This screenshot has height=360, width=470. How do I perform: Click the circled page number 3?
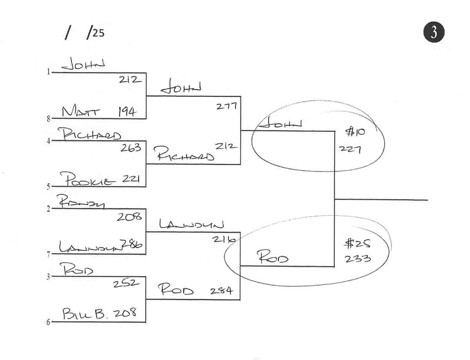click(x=434, y=32)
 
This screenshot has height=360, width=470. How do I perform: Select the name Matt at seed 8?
click(x=81, y=112)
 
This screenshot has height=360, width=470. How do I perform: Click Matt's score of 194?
click(x=127, y=112)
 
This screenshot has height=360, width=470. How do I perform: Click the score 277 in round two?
click(x=226, y=105)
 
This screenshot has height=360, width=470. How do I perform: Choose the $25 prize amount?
click(x=357, y=244)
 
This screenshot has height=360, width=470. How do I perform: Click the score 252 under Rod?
click(x=126, y=284)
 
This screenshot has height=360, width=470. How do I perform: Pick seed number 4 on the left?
click(x=48, y=141)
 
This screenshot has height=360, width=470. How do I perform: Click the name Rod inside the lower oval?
click(x=272, y=258)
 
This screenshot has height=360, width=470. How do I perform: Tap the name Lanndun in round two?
click(x=191, y=225)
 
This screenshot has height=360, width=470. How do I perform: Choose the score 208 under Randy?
click(x=129, y=216)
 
